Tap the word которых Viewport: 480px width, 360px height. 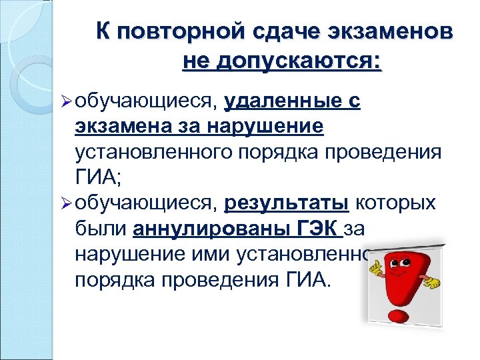coord(397,203)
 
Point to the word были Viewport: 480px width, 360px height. coord(101,229)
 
